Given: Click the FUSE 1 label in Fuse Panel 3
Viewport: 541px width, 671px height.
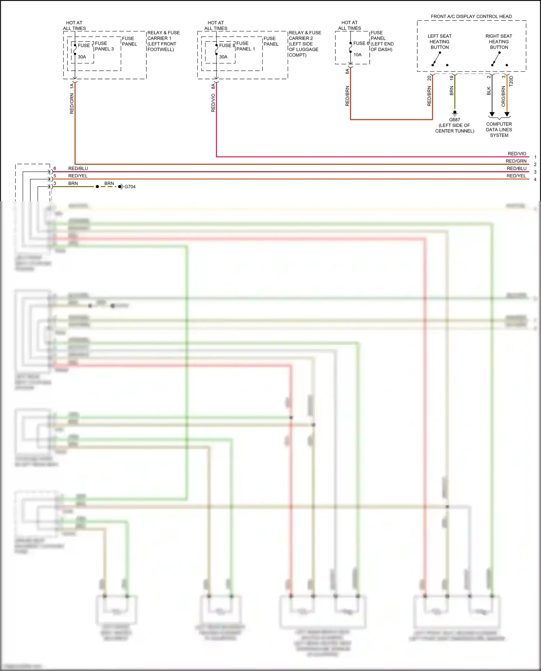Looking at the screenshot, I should point(85,45).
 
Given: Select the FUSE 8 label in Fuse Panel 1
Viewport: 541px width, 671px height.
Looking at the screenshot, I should point(227,45).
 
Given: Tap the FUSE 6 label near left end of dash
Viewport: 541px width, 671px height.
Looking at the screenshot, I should point(361,43).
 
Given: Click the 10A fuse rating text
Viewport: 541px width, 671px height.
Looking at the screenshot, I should point(357,55).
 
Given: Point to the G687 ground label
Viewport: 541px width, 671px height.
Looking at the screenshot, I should point(454,120).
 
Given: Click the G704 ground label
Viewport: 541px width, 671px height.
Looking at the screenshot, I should point(130,187).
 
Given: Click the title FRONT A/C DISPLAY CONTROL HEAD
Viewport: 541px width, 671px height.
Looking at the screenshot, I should point(471,17).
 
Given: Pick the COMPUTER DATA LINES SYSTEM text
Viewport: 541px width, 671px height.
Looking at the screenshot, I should point(499,130).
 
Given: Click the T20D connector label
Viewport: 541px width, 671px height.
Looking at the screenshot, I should point(511,81).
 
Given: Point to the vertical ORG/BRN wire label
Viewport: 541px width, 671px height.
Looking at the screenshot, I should point(503,96).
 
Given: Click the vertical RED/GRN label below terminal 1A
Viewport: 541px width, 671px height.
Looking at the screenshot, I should point(72,103).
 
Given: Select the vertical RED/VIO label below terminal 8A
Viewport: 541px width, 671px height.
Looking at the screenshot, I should point(213,103).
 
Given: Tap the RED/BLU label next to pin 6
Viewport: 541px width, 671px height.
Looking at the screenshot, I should point(78,168).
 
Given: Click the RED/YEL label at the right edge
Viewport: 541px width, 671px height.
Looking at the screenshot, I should point(516,176).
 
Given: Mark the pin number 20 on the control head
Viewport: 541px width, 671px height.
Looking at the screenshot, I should point(429,78).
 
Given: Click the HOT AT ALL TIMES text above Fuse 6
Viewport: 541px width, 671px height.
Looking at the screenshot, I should point(349,25).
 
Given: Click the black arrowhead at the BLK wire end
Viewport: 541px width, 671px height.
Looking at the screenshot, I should point(492,115).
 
